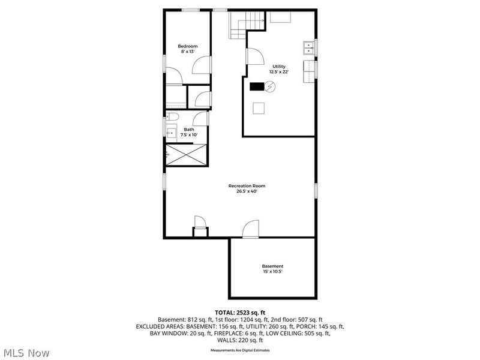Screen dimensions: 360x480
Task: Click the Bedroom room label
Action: pos(187,46)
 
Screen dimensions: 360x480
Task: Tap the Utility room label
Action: pos(279,67)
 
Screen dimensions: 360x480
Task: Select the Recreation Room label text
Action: pos(247,186)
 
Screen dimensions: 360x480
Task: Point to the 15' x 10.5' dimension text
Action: pos(272,271)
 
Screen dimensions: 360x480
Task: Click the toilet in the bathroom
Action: pos(172,116)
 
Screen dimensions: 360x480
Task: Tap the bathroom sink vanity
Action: pos(170,132)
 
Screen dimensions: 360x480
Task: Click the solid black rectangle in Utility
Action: pos(257,86)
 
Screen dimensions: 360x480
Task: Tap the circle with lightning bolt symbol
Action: pos(270,87)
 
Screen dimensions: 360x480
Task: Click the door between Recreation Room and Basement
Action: pos(250,229)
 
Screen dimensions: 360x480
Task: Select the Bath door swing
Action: pos(202,119)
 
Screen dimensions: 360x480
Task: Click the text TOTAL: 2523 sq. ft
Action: pos(240,313)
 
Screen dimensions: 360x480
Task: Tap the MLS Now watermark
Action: pos(26,353)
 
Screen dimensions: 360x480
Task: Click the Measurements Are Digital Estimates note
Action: pos(240,350)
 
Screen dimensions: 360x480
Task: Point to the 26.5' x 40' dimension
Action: pos(247,192)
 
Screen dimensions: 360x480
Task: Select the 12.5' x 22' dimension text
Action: pos(279,72)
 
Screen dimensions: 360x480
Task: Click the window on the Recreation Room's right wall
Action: pos(316,190)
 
